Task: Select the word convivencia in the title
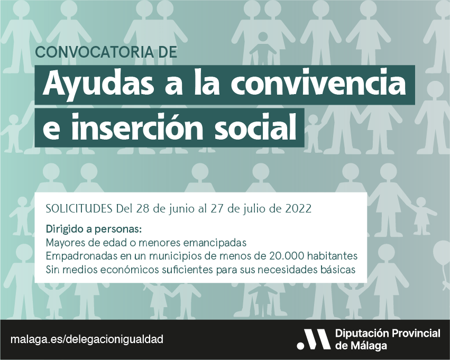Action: click(318, 83)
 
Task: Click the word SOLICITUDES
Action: click(79, 208)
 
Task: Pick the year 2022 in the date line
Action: click(298, 208)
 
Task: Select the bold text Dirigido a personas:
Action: click(94, 229)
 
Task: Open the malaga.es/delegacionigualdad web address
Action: click(87, 339)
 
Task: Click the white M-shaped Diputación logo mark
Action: click(314, 339)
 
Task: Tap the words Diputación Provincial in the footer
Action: click(388, 334)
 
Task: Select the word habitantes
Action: click(332, 255)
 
